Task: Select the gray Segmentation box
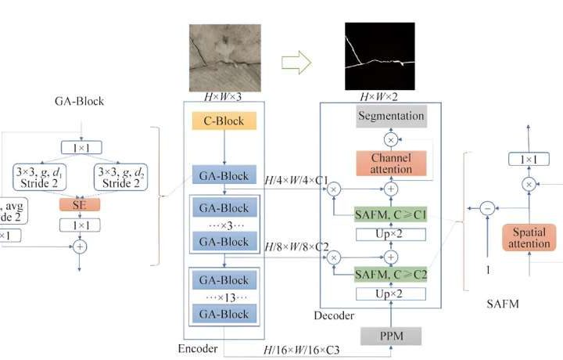392,117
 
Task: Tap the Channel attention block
391,163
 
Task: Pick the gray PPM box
392,335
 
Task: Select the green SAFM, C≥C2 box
392,274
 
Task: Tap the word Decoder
334,316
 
